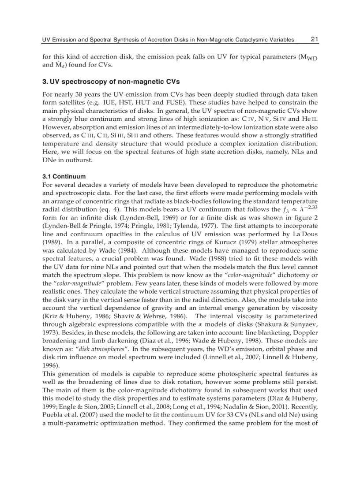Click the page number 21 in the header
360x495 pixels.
click(x=315, y=39)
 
